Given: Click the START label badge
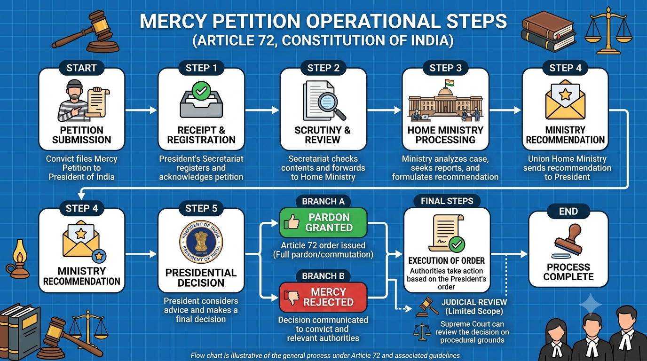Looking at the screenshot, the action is pyautogui.click(x=81, y=68).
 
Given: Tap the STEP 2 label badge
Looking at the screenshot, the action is pyautogui.click(x=323, y=68).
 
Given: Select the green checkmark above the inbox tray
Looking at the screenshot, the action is pyautogui.click(x=201, y=91).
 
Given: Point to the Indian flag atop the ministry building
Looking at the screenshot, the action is pyautogui.click(x=450, y=83).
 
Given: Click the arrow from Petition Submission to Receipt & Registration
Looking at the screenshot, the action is pyautogui.click(x=141, y=110).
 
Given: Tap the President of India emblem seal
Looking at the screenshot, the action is pyautogui.click(x=201, y=242).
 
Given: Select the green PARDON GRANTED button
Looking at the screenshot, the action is pyautogui.click(x=323, y=222).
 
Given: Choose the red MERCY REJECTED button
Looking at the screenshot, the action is pyautogui.click(x=323, y=297).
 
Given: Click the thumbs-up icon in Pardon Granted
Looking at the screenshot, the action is pyautogui.click(x=292, y=222).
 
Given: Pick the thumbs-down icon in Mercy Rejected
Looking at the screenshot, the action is pyautogui.click(x=292, y=298).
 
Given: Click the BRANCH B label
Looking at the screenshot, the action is pyautogui.click(x=323, y=276).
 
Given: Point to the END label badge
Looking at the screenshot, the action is pyautogui.click(x=568, y=211).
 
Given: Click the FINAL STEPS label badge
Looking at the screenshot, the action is pyautogui.click(x=447, y=201).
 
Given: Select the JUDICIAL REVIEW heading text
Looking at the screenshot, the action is pyautogui.click(x=474, y=302).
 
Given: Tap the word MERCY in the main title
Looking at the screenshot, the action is pyautogui.click(x=173, y=21).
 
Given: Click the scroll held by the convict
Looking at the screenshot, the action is pyautogui.click(x=98, y=103).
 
